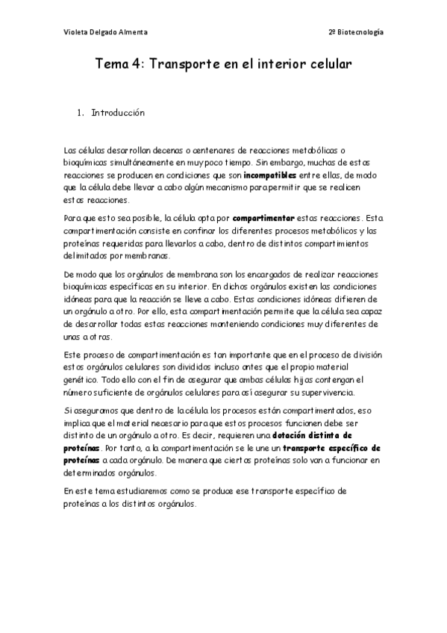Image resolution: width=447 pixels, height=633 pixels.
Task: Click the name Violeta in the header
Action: (75, 32)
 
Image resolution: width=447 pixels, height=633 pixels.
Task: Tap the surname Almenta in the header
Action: (131, 32)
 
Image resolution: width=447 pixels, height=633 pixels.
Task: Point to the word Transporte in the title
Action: (185, 65)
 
